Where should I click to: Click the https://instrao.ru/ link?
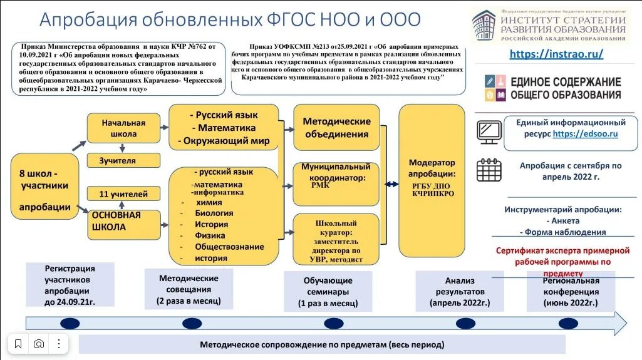(x=556, y=54)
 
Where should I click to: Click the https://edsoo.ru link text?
(x=586, y=133)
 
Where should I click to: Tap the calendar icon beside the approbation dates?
(x=489, y=170)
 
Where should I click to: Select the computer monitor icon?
(x=489, y=131)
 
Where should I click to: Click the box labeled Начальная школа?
(x=123, y=128)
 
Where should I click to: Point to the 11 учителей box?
(x=123, y=194)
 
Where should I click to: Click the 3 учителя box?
(x=123, y=161)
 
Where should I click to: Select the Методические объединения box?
(x=336, y=128)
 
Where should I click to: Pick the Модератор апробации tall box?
(x=432, y=180)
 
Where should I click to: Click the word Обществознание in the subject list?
(x=229, y=247)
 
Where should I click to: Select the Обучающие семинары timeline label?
(x=328, y=292)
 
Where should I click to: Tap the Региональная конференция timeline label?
(x=571, y=291)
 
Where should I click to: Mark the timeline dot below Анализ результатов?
(x=465, y=323)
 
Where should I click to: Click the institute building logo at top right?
(x=483, y=26)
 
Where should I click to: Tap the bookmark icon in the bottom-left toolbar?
(x=18, y=344)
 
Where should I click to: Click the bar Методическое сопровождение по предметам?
(x=322, y=344)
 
